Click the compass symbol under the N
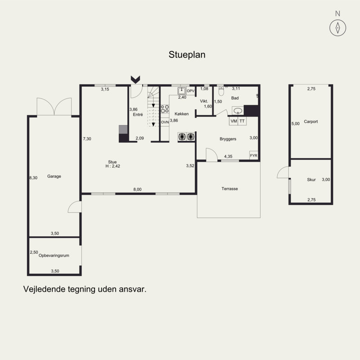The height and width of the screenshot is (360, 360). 337,28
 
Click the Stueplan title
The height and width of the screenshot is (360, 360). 187,54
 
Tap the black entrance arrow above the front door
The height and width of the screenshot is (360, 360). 135,80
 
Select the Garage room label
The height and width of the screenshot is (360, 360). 54,176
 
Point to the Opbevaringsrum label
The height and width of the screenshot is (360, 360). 54,255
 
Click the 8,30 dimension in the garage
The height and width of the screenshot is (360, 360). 33,177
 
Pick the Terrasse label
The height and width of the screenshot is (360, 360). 229,189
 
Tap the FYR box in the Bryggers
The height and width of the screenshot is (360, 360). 254,155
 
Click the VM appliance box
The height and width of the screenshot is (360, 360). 234,121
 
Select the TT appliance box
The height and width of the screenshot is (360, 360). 242,121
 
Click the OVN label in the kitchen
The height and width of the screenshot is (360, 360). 165,122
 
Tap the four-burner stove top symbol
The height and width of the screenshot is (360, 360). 165,109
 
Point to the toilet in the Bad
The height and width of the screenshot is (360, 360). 221,91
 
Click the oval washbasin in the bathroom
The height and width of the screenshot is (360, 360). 238,111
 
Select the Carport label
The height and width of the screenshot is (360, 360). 311,121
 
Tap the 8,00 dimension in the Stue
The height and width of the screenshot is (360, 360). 137,189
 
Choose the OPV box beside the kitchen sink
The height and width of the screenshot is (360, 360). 190,91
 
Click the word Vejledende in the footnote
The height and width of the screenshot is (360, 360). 44,289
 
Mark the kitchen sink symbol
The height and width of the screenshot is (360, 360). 182,91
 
